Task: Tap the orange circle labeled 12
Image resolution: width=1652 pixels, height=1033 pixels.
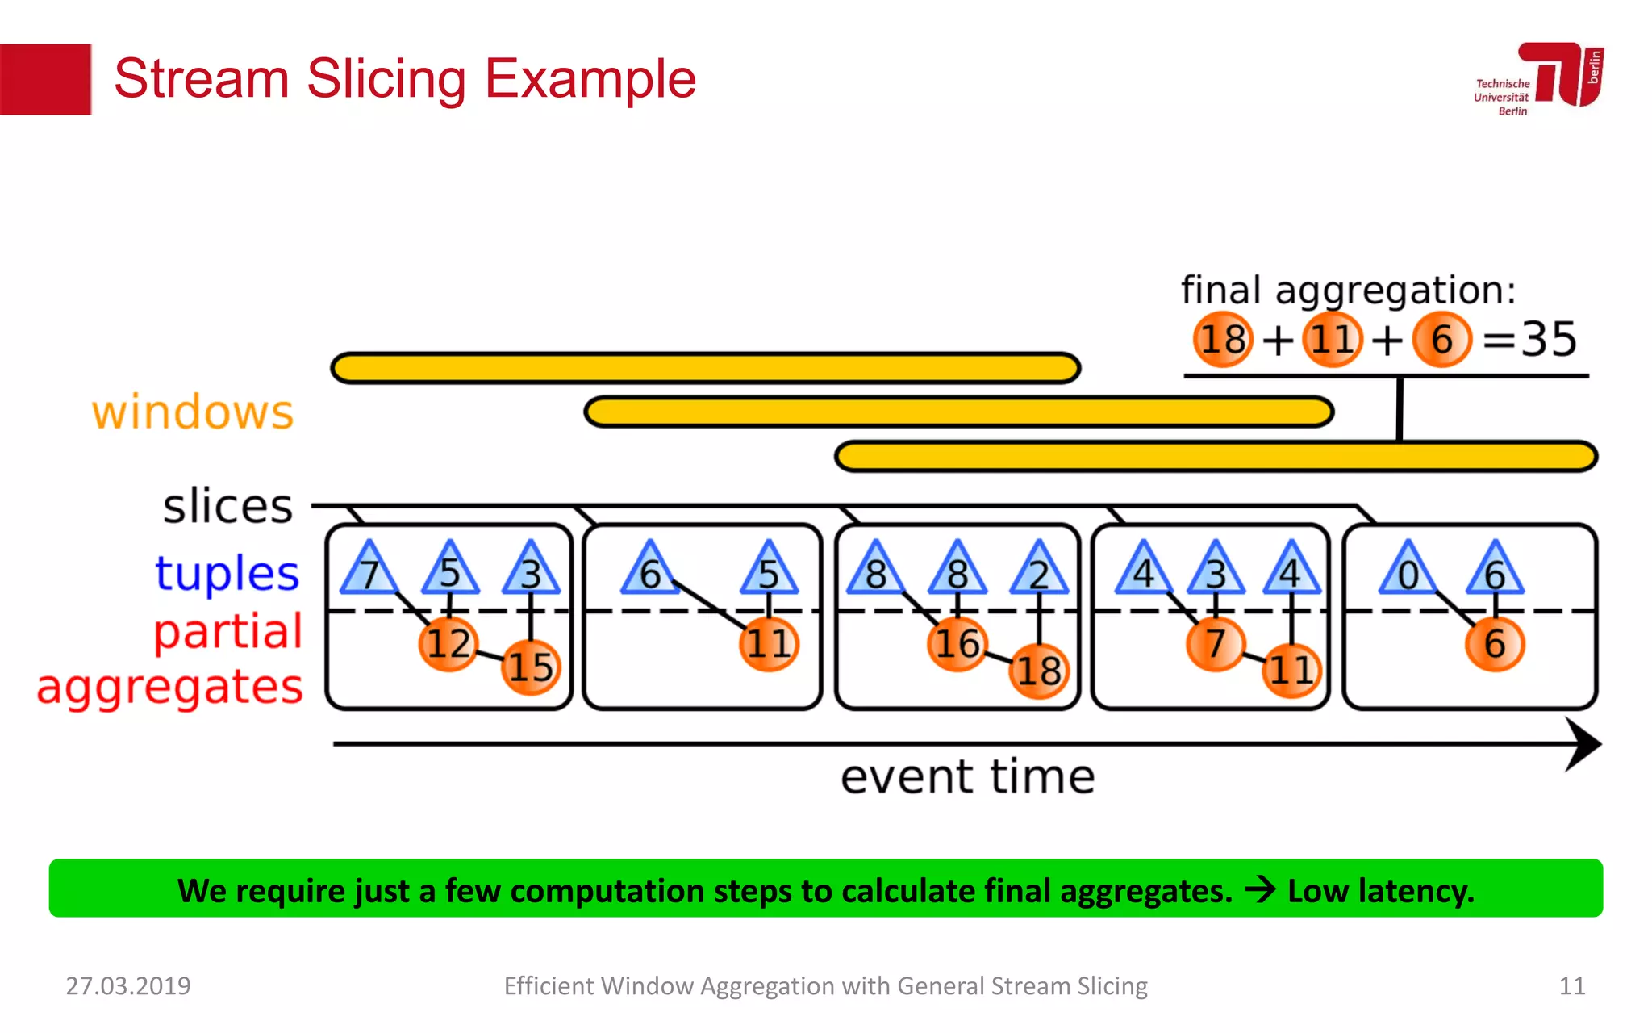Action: click(x=448, y=643)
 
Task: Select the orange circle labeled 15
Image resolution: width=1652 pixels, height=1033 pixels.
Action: click(x=530, y=667)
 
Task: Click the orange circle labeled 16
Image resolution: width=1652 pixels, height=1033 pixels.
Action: click(x=957, y=643)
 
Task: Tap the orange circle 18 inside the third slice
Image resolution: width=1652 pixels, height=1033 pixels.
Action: click(x=1039, y=670)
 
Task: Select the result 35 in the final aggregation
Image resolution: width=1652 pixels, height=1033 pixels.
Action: click(x=1549, y=339)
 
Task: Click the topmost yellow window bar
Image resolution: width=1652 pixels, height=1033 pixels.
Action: click(x=705, y=368)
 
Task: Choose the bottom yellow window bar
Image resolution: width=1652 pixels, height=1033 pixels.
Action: click(x=1216, y=456)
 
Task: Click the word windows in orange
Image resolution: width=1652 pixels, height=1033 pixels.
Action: click(x=193, y=412)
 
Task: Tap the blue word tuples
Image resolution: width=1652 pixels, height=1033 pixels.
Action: click(x=227, y=573)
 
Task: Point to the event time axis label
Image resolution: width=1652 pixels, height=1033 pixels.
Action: click(x=967, y=776)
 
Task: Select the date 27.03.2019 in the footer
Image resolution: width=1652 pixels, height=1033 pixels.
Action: click(x=128, y=985)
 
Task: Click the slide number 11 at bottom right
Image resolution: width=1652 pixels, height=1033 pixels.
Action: click(x=1571, y=985)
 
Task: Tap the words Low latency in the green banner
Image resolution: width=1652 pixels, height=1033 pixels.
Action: click(x=1380, y=891)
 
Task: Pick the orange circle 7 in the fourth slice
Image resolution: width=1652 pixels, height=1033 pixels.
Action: click(x=1215, y=643)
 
